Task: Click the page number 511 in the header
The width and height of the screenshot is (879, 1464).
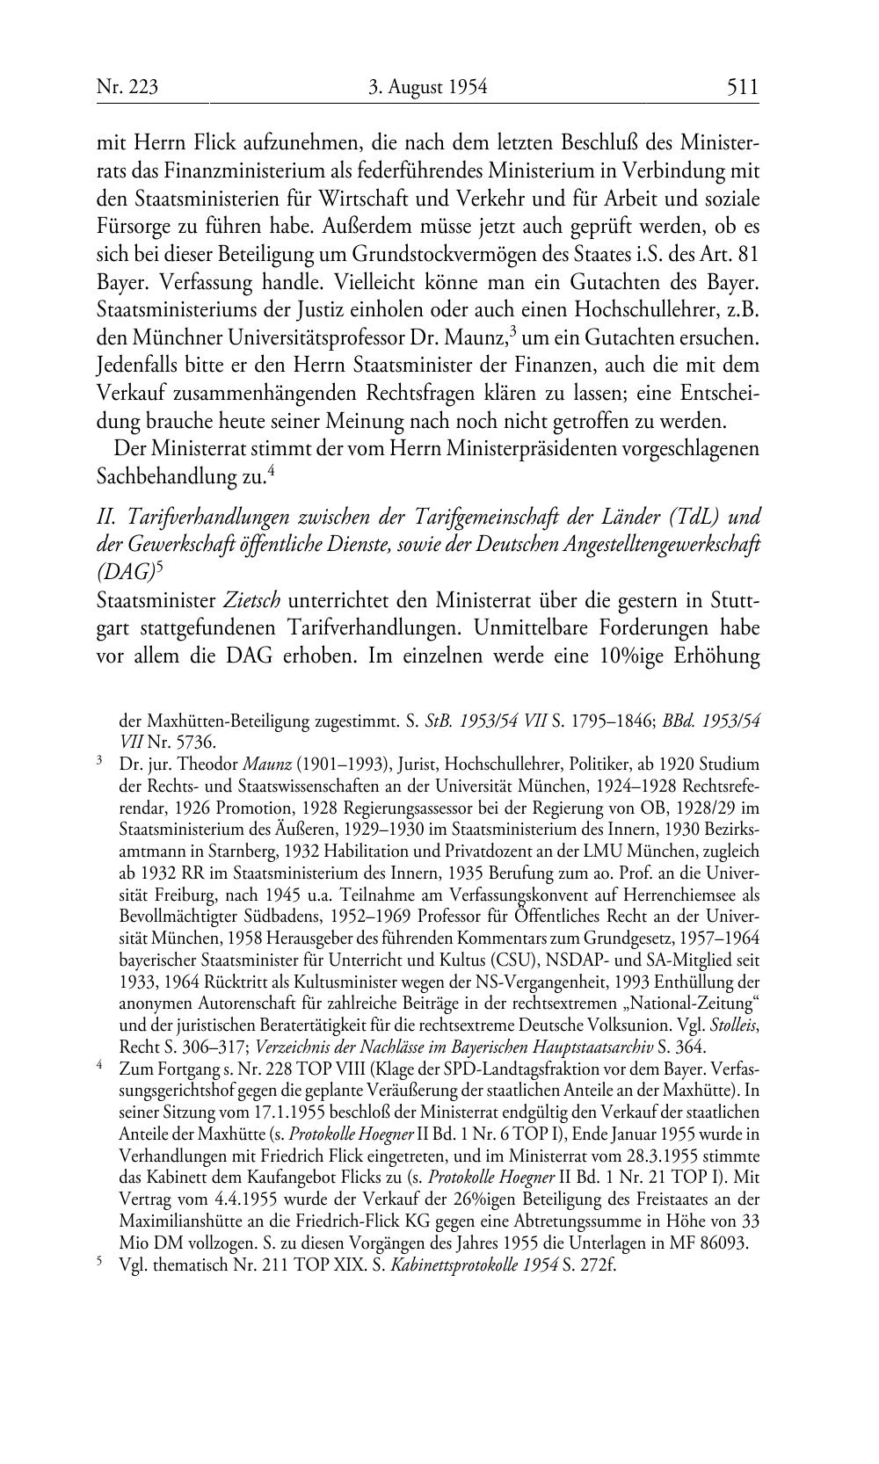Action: pyautogui.click(x=742, y=87)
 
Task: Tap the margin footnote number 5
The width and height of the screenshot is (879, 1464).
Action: pyautogui.click(x=99, y=1263)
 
